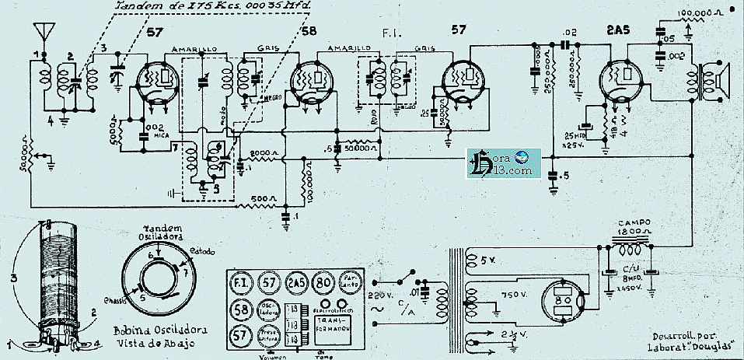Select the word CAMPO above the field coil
pos(628,221)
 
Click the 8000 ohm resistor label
pos(262,152)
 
